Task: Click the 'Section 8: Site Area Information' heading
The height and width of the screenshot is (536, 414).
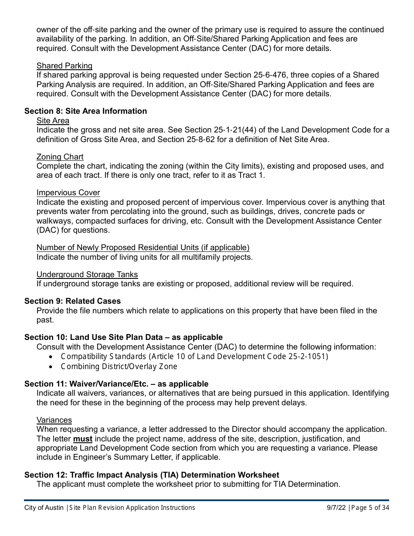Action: pyautogui.click(x=85, y=111)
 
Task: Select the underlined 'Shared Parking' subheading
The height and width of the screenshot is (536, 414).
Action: pyautogui.click(x=64, y=66)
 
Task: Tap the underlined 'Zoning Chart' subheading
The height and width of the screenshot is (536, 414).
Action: pyautogui.click(x=60, y=157)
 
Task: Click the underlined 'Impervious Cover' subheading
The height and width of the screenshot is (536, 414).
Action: pyautogui.click(x=68, y=193)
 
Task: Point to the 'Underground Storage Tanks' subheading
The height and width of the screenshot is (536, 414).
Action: pyautogui.click(x=87, y=275)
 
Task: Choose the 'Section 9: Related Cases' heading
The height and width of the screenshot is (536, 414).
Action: pyautogui.click(x=73, y=301)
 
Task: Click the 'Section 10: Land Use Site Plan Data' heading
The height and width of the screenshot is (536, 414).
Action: pyautogui.click(x=123, y=337)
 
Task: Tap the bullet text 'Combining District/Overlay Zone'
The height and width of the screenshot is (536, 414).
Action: pyautogui.click(x=119, y=366)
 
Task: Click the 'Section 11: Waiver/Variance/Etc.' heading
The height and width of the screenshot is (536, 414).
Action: pyautogui.click(x=116, y=384)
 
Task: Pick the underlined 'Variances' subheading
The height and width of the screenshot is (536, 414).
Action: pyautogui.click(x=54, y=420)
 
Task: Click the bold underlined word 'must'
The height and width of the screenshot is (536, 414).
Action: pyautogui.click(x=83, y=439)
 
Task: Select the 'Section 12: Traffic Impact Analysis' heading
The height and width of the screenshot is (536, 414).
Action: pyautogui.click(x=152, y=475)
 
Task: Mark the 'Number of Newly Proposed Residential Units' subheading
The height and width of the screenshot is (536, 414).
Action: pyautogui.click(x=143, y=248)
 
